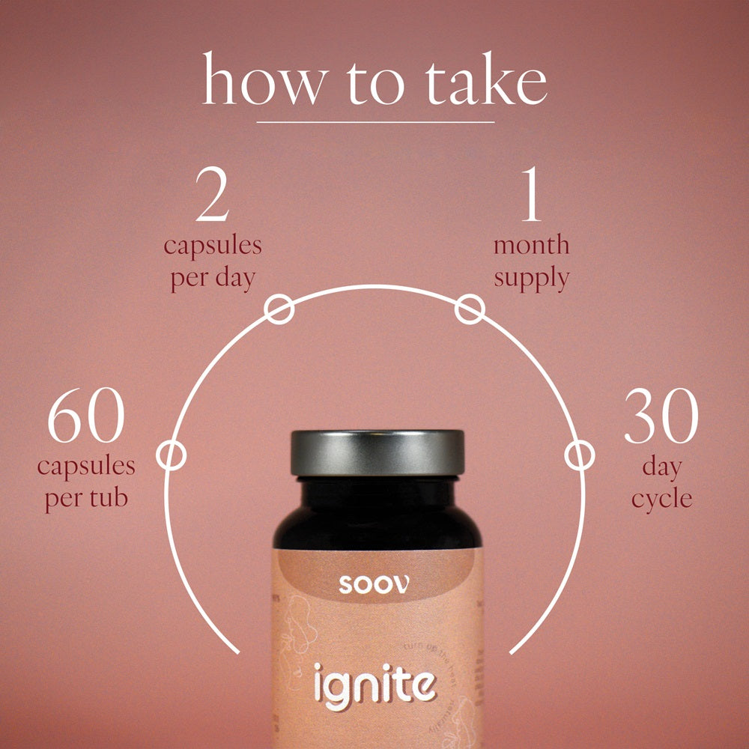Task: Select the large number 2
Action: [x=212, y=197]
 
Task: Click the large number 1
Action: [x=531, y=197]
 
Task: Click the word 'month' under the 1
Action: [x=531, y=245]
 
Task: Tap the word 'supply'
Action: [x=531, y=279]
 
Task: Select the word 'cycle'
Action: [x=661, y=499]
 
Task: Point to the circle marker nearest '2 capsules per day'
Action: [x=279, y=309]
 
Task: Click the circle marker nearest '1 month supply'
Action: [x=470, y=309]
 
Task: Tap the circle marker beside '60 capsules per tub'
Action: [x=172, y=455]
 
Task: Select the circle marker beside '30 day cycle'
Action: [x=579, y=455]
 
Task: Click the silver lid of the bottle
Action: [x=377, y=452]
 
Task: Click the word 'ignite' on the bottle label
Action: [x=374, y=684]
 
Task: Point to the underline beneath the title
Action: [x=375, y=121]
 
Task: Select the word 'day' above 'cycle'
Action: [x=661, y=467]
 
